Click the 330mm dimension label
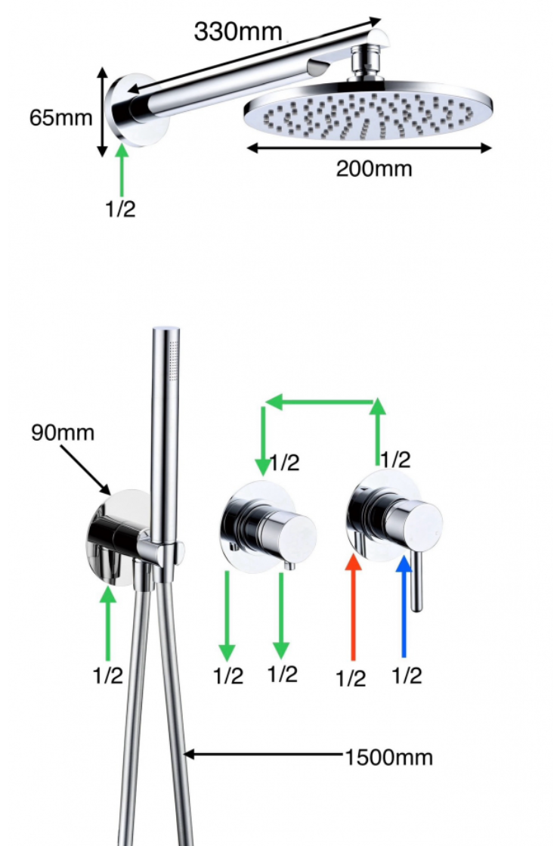238,32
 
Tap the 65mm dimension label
60,117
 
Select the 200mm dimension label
374,169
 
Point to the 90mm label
63,432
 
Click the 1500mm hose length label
388,758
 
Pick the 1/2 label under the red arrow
351,678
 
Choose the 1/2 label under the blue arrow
407,675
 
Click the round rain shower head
368,110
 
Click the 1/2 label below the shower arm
120,208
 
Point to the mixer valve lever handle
416,581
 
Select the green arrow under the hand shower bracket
108,623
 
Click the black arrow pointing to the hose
264,754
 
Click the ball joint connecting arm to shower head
367,63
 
